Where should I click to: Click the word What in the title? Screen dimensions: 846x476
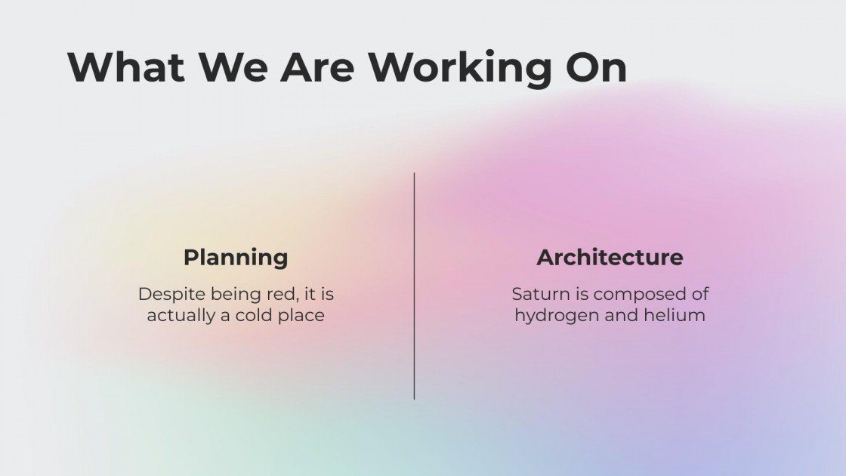(126, 66)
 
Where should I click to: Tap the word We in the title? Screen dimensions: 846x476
(233, 66)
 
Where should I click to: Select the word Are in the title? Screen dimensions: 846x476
(317, 66)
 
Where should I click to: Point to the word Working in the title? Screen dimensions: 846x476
(460, 68)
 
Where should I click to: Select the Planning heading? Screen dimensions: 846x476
(236, 258)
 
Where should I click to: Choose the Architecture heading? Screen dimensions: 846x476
(610, 257)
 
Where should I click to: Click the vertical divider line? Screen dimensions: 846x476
(415, 286)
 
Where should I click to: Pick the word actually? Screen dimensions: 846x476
(181, 317)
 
